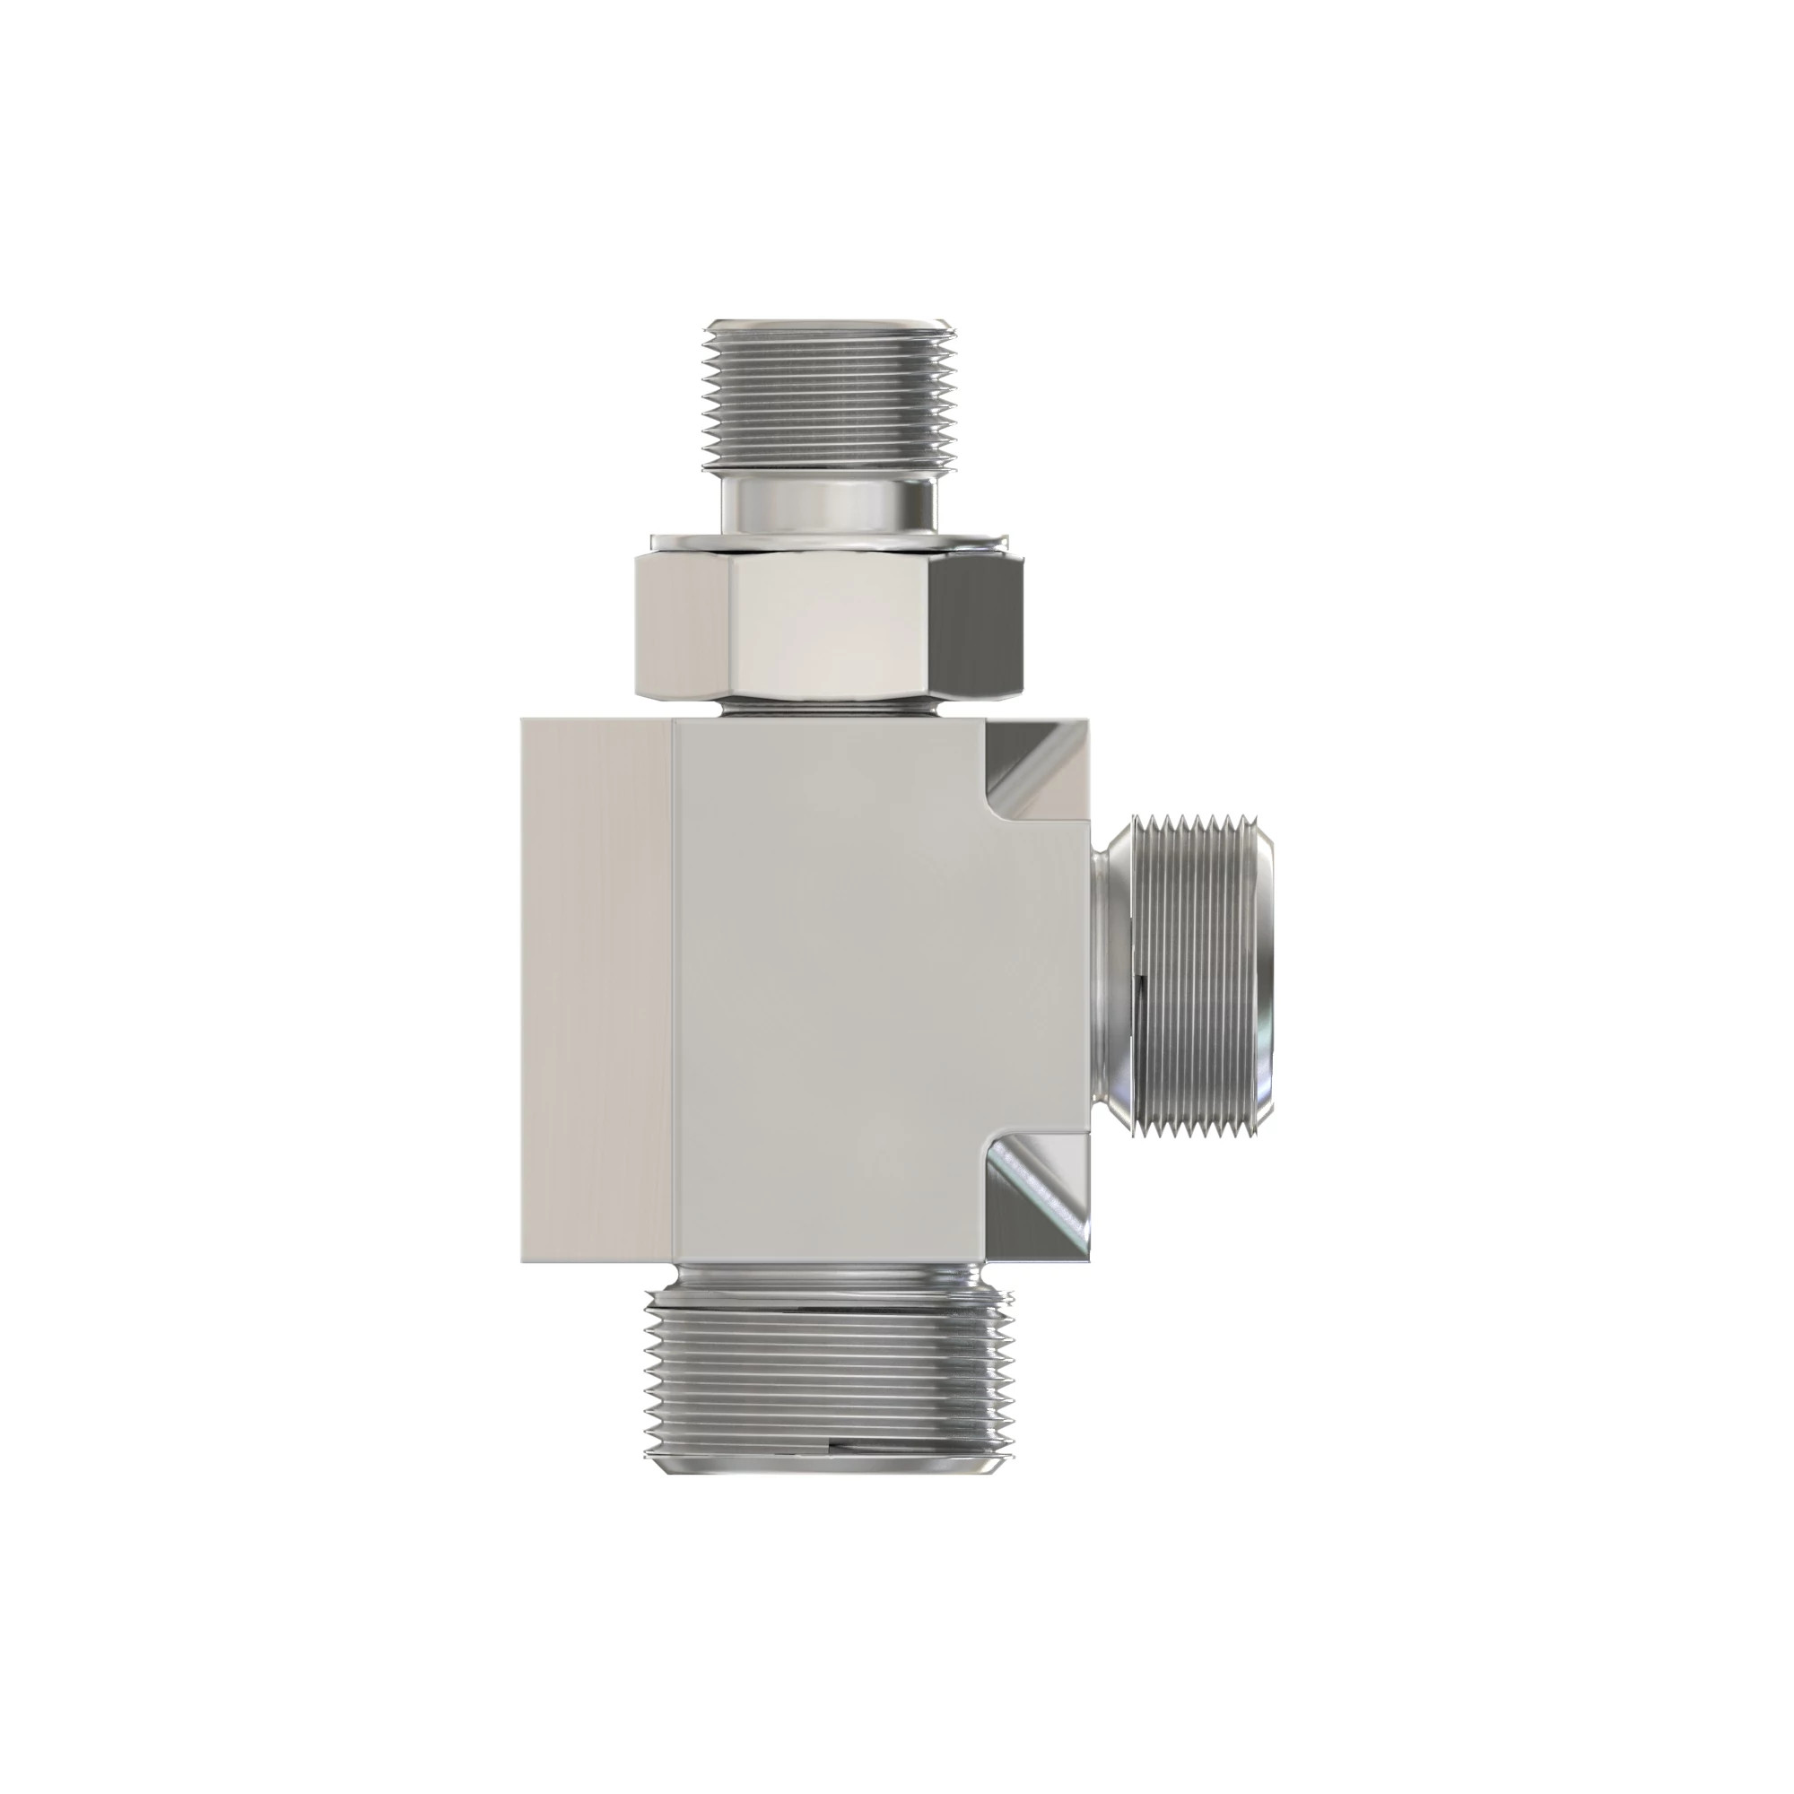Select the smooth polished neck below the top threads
[x=829, y=505]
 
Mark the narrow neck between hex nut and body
[x=828, y=710]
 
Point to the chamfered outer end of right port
[x=1263, y=975]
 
